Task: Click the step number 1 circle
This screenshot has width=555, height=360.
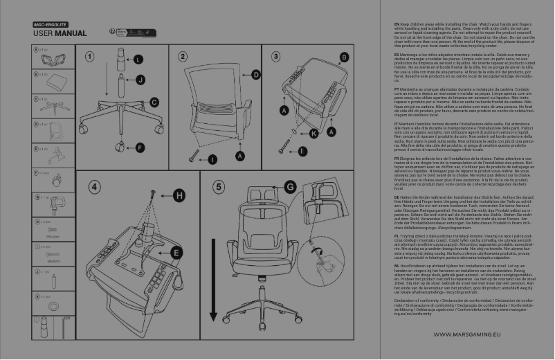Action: [x=90, y=56]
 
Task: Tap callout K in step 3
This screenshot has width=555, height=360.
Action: [x=313, y=132]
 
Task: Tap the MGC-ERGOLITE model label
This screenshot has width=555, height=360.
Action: [x=50, y=24]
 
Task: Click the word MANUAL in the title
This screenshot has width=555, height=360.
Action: [x=71, y=33]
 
